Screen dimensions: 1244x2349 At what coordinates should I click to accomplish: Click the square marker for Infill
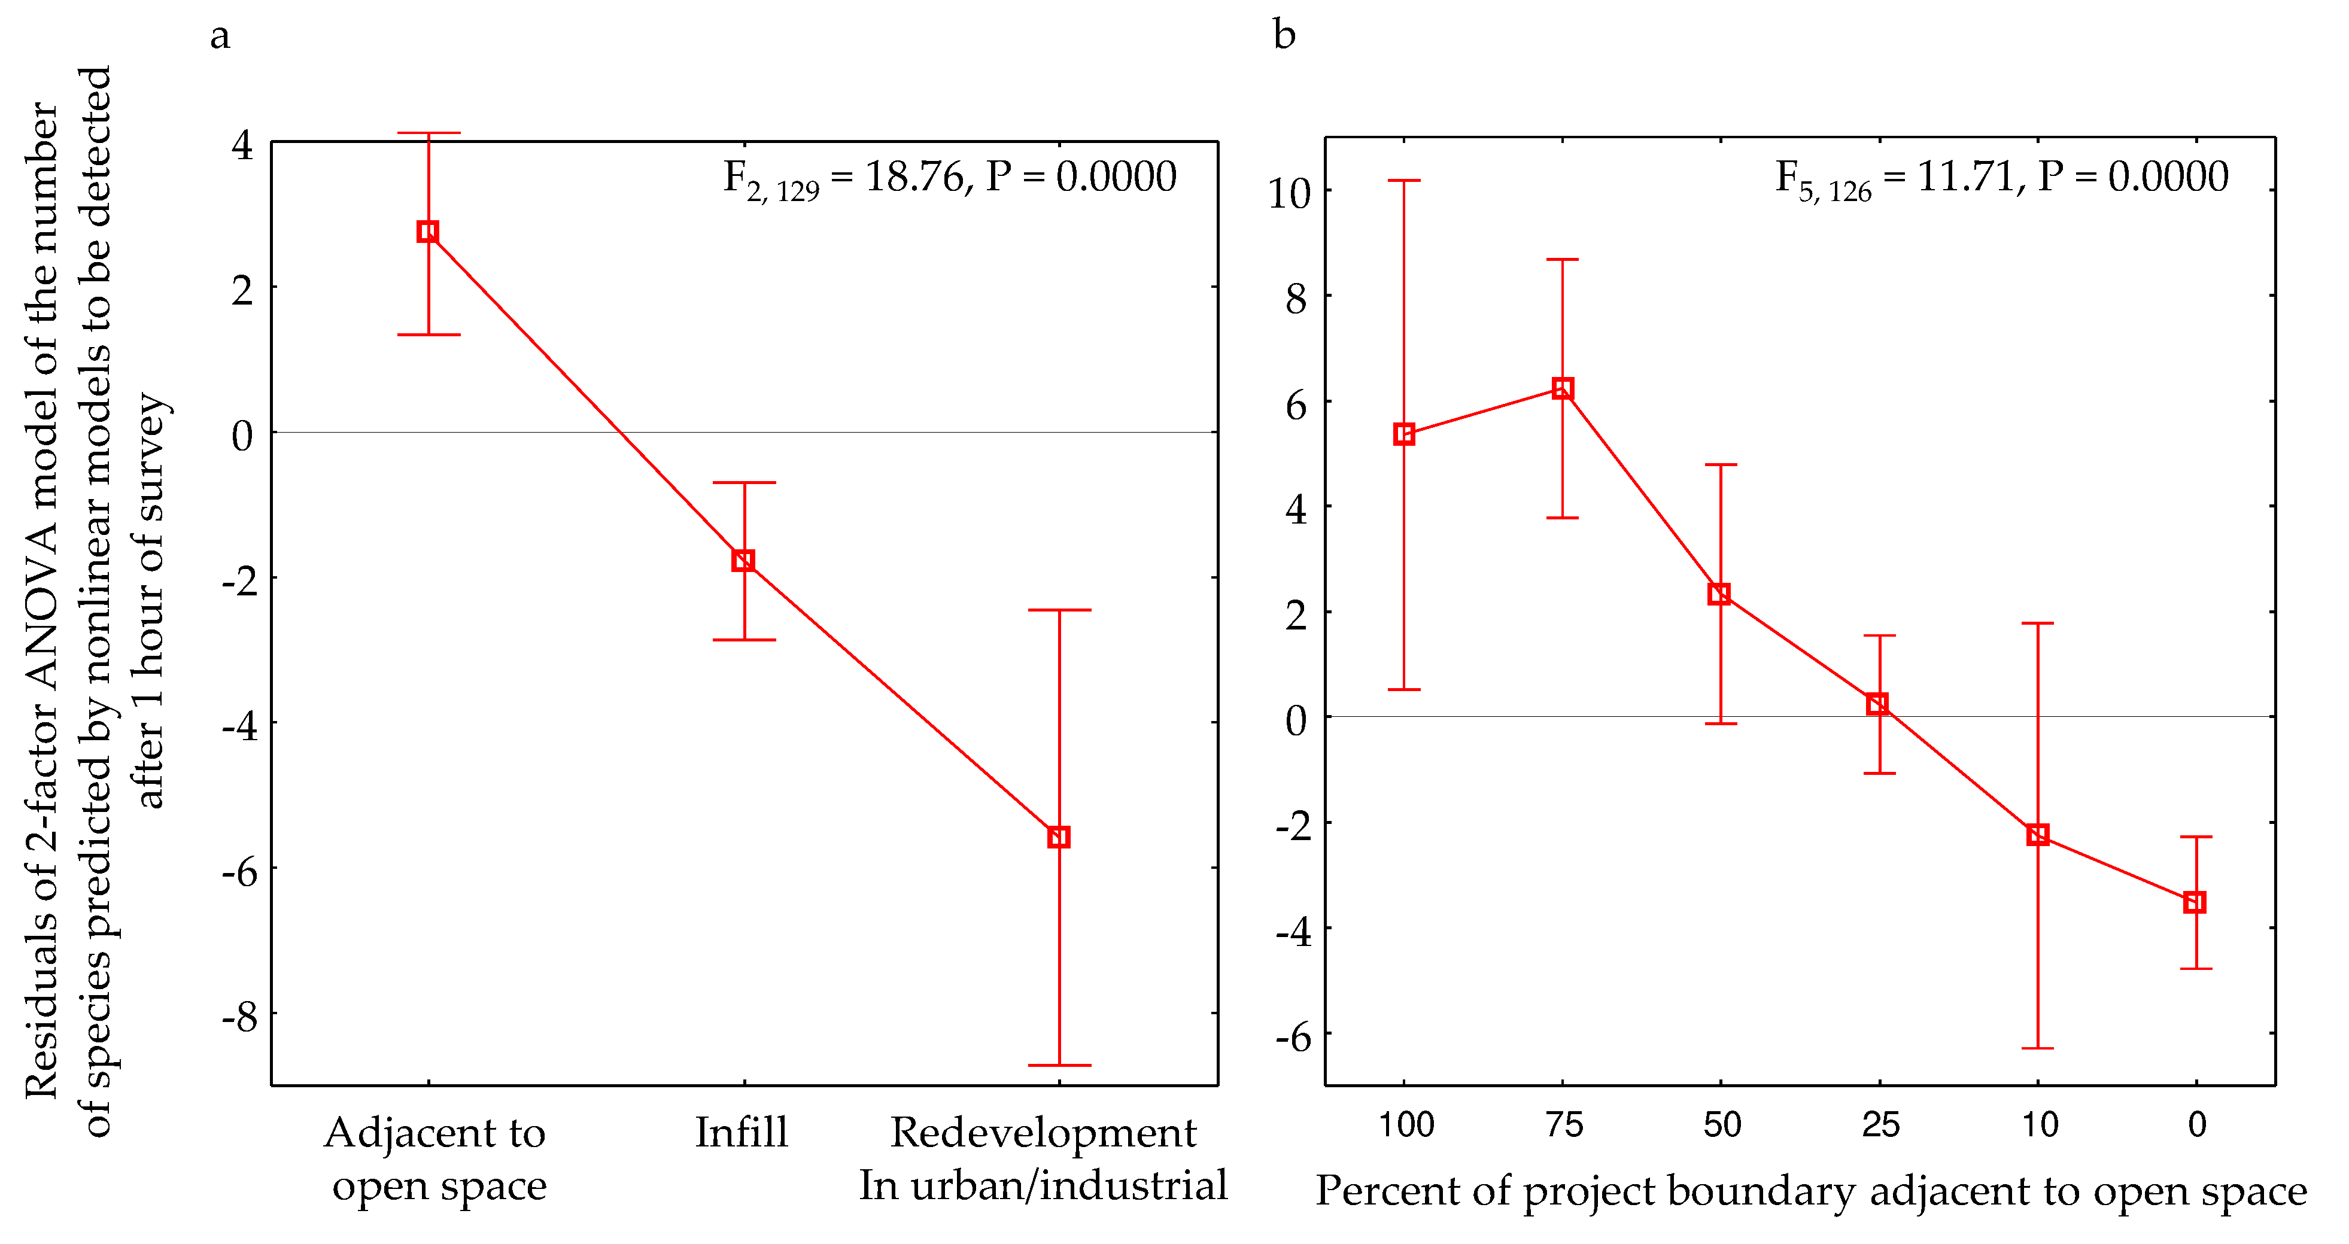point(743,560)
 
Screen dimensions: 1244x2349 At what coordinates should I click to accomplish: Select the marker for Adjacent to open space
point(428,232)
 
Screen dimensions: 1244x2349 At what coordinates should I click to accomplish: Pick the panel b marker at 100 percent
point(1404,434)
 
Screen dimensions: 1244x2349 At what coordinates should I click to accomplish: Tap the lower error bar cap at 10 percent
point(2037,1048)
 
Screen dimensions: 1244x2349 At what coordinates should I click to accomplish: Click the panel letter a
point(220,37)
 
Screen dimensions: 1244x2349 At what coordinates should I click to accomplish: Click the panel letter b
point(1284,37)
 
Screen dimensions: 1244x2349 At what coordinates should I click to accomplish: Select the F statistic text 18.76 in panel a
point(914,176)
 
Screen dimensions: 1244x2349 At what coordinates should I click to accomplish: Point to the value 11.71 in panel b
point(1965,176)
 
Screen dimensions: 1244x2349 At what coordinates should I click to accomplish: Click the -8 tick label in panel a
point(241,1015)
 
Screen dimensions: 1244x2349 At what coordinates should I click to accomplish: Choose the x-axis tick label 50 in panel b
point(1722,1124)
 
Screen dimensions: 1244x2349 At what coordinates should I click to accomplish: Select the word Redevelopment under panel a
point(1043,1133)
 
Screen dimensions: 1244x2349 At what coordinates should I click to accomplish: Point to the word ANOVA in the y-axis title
point(41,629)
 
